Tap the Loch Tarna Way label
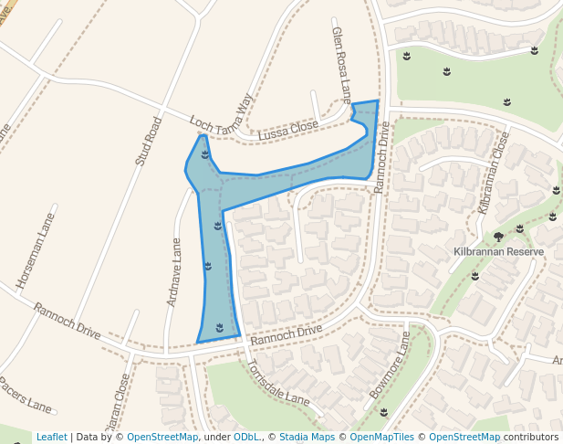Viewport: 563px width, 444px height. tap(220, 118)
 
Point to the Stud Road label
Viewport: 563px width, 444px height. tap(148, 141)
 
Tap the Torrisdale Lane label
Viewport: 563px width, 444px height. tap(277, 383)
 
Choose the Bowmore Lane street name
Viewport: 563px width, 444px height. tap(391, 369)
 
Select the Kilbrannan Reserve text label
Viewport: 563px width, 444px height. tap(498, 251)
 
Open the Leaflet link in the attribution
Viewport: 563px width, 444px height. tap(51, 438)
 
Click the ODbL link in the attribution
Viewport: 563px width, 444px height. tap(246, 438)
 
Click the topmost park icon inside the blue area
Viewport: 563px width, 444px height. tap(204, 154)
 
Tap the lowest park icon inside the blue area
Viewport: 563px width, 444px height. tap(219, 327)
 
